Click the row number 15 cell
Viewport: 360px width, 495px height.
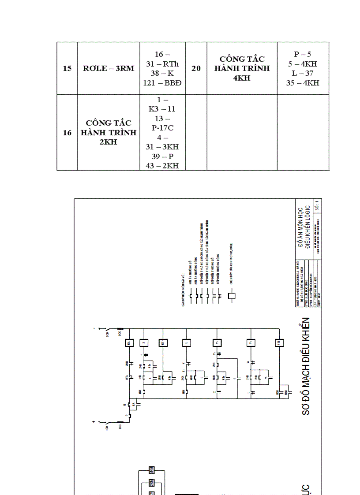tap(67, 68)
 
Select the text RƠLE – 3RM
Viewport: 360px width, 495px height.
tap(109, 68)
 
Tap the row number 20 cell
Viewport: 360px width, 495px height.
tap(196, 68)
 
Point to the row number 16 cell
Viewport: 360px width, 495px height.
tap(67, 132)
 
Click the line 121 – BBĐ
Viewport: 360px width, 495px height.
tap(162, 82)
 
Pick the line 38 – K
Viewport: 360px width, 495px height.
tap(162, 73)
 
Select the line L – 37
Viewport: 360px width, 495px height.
tap(302, 73)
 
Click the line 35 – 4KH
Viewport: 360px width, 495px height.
tap(302, 82)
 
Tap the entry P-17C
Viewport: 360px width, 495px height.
tap(162, 128)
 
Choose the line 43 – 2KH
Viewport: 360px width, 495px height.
tap(162, 165)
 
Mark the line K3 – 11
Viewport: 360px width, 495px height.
tap(162, 109)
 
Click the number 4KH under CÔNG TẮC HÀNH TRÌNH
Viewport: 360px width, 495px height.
tap(242, 78)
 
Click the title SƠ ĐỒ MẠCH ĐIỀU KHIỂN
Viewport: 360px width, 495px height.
tap(306, 366)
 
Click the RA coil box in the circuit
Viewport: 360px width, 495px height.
tap(129, 342)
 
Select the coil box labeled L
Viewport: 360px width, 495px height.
tap(187, 342)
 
